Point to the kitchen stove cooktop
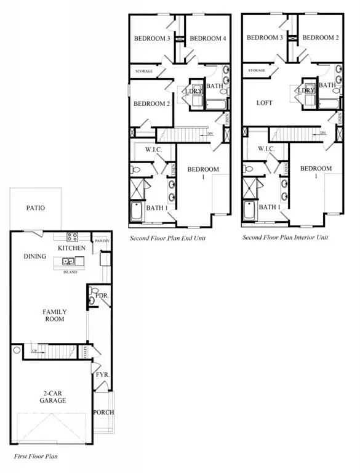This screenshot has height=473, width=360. [x=71, y=237]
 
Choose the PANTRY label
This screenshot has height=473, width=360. [x=102, y=241]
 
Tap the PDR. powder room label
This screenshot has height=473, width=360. [x=103, y=296]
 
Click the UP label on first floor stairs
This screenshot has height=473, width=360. [x=34, y=350]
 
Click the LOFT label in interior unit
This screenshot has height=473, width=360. [x=264, y=103]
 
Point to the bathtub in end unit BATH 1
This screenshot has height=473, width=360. [x=137, y=212]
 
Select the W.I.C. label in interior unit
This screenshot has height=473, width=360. [x=266, y=149]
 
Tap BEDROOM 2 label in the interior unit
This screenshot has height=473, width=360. [x=320, y=38]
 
